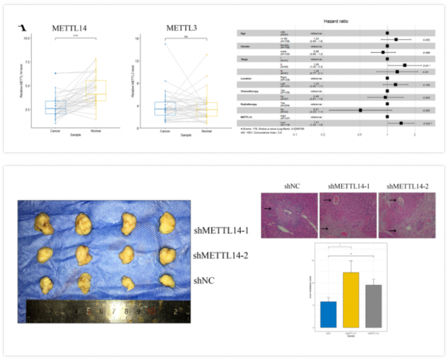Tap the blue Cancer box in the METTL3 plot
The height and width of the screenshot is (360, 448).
pos(165,109)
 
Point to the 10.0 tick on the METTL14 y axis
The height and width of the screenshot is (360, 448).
pos(26,38)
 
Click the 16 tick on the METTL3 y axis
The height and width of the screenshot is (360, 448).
pos(137,38)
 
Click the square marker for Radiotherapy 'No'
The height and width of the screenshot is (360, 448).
pos(361,110)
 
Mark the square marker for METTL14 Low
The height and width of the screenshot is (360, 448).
pos(401,123)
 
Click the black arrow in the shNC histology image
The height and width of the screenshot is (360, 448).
pos(269,208)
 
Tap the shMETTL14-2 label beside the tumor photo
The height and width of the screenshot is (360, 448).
pos(220,256)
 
